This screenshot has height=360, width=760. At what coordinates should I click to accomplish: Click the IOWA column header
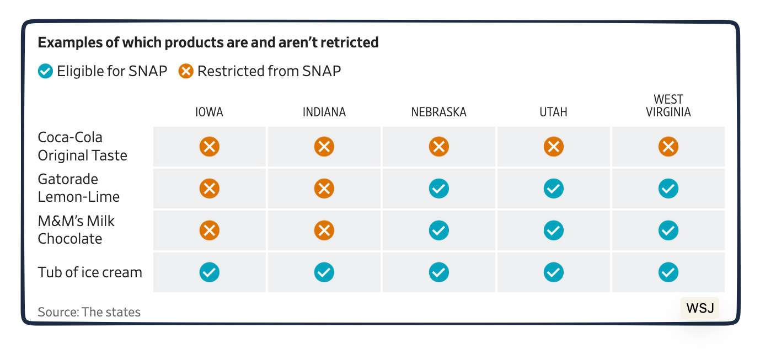click(209, 112)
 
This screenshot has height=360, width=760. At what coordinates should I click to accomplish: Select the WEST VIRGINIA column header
click(668, 106)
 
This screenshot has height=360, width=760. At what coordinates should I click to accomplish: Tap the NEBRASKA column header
click(438, 112)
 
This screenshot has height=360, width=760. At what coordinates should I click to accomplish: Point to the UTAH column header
click(553, 112)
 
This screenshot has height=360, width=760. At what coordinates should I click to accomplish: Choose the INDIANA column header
click(324, 112)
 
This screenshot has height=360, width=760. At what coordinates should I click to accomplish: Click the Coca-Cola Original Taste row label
click(82, 147)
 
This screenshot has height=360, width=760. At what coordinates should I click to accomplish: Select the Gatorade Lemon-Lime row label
click(78, 188)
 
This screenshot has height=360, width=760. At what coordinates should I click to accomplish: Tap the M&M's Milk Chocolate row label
click(76, 230)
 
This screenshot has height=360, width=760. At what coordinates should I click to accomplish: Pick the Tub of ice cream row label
click(90, 272)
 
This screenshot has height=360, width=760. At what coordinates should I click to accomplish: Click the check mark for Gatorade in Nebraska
click(438, 189)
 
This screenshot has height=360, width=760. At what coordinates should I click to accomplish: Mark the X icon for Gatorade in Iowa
click(209, 189)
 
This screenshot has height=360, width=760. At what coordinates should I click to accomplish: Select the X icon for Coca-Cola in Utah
click(553, 147)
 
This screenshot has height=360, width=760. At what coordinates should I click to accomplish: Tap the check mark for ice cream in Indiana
click(324, 272)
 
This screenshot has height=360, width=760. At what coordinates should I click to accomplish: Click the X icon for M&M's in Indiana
click(324, 230)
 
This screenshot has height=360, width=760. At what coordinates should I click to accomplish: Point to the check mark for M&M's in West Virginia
click(668, 230)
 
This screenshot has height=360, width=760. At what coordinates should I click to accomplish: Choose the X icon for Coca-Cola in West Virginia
click(668, 147)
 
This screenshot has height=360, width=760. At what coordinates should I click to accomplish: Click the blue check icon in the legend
click(45, 71)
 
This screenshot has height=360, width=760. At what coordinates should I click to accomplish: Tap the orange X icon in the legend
click(186, 71)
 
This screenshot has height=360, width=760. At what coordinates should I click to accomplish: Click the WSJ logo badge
click(700, 308)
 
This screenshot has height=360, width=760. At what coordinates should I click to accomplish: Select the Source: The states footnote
click(89, 312)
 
